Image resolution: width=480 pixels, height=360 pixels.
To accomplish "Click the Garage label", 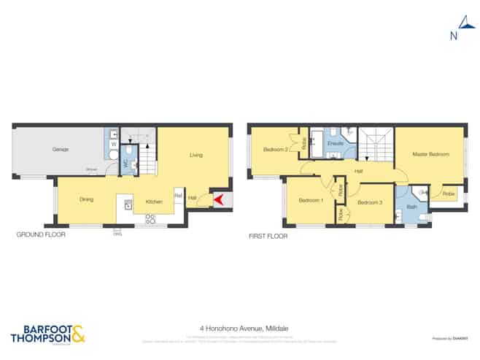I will (x=60, y=150).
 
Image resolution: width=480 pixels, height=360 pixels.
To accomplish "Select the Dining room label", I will (x=86, y=199).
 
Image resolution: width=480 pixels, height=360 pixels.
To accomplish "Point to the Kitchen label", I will (x=153, y=202).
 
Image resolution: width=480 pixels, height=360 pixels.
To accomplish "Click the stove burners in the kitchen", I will (x=150, y=217).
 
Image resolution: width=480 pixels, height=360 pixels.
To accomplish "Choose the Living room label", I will (x=196, y=155).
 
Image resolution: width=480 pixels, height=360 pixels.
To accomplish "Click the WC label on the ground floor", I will (x=125, y=164).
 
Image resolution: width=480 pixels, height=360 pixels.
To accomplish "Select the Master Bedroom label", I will (x=430, y=154).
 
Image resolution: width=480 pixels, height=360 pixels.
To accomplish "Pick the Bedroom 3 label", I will (x=370, y=202).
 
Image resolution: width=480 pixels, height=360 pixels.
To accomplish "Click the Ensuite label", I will (x=336, y=145).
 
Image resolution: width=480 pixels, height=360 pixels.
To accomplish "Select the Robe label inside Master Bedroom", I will (x=448, y=194).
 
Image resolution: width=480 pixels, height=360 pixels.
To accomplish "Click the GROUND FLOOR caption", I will (x=41, y=235).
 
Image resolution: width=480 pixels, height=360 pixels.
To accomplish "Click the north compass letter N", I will (x=454, y=35).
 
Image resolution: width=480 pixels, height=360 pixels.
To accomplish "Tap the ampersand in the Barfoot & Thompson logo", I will (x=77, y=333).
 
